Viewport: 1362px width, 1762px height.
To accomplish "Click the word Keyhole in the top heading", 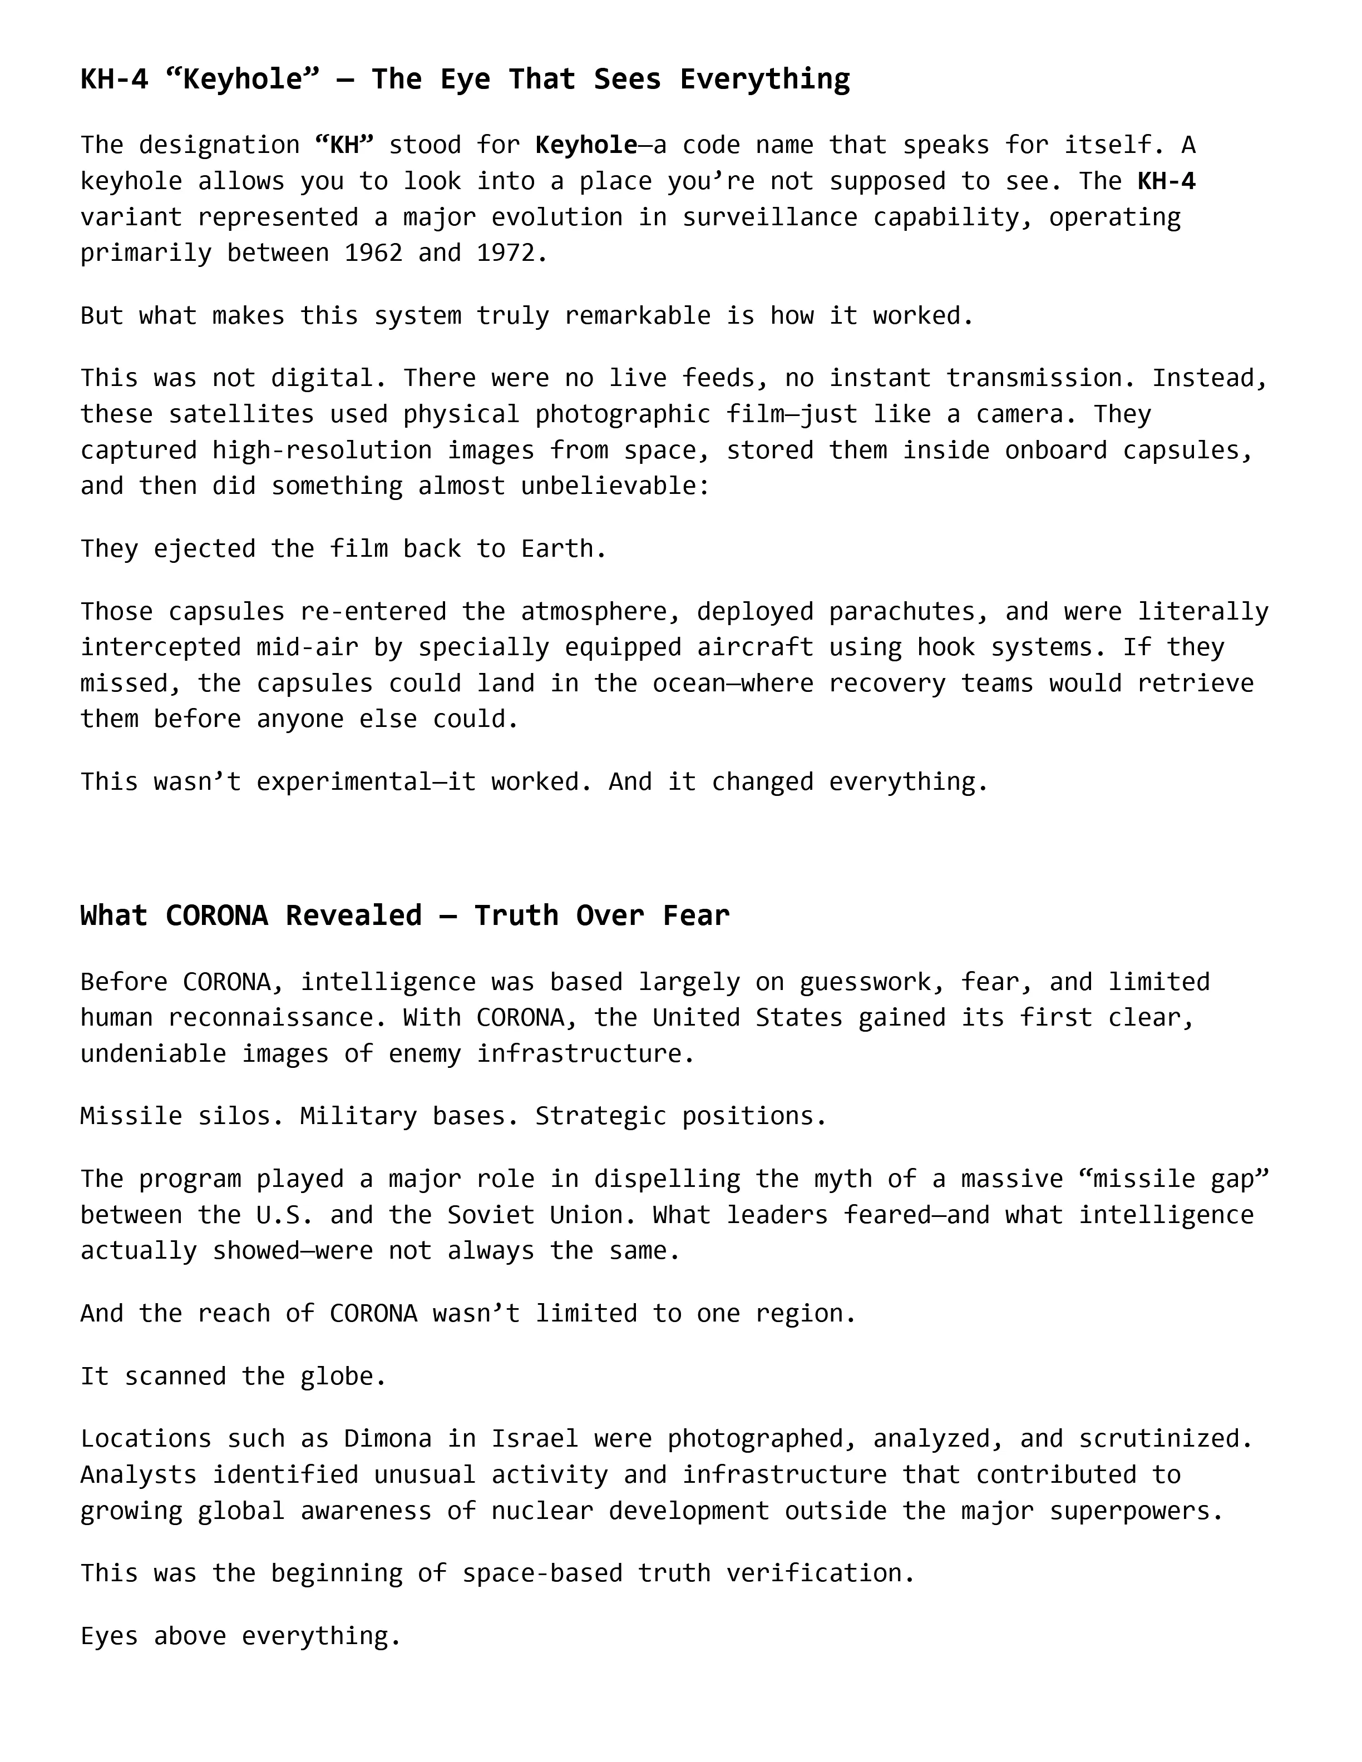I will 242,79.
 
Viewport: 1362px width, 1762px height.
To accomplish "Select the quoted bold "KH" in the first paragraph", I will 344,145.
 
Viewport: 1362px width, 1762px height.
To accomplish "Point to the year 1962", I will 373,253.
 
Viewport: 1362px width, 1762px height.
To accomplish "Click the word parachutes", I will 902,612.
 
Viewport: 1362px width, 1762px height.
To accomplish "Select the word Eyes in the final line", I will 109,1636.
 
